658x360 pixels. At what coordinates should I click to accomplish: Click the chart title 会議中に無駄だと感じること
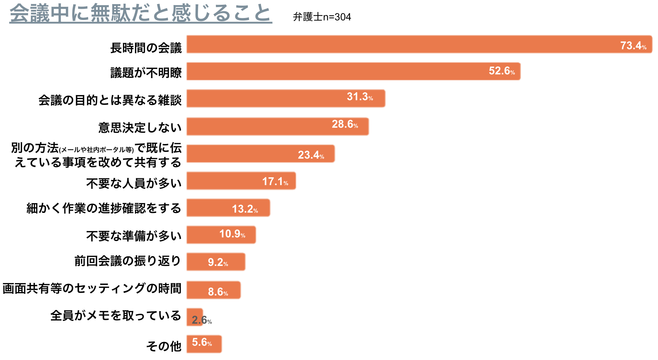point(141,14)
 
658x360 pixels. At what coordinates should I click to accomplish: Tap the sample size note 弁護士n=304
point(322,17)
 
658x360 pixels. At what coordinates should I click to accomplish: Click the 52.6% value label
point(501,71)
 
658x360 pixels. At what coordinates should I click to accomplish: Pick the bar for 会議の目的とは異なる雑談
point(265,98)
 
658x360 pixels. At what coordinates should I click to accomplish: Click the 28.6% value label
point(344,124)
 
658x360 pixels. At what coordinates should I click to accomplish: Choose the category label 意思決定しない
point(140,128)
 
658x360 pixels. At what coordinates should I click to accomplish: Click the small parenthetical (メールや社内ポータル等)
point(97,150)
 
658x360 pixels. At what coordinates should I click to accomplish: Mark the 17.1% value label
point(275,182)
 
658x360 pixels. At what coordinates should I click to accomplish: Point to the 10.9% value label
point(232,234)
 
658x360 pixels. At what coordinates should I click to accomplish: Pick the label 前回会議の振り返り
point(127,261)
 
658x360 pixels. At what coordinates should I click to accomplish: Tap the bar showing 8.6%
point(197,290)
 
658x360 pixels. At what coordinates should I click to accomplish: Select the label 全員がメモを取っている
point(116,316)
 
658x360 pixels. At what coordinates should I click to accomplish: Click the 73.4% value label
point(633,46)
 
